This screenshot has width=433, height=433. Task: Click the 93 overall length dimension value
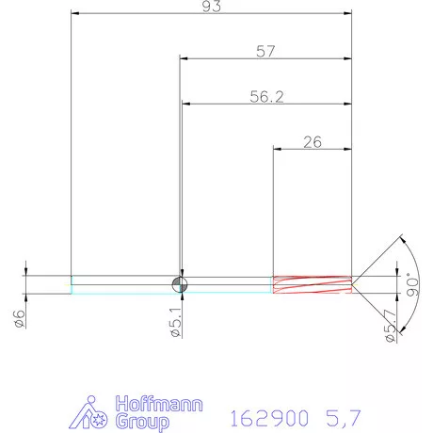[x=211, y=7]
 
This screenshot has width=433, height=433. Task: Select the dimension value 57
[x=266, y=52]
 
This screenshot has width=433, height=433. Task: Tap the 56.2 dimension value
[x=266, y=96]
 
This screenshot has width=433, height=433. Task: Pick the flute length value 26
[x=313, y=142]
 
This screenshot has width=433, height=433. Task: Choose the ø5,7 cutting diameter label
[x=389, y=324]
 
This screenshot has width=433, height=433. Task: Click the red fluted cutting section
[x=311, y=283]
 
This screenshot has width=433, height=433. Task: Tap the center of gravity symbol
[x=180, y=283]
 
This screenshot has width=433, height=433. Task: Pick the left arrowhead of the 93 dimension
[x=75, y=13]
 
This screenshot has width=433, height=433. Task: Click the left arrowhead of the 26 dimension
[x=277, y=149]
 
